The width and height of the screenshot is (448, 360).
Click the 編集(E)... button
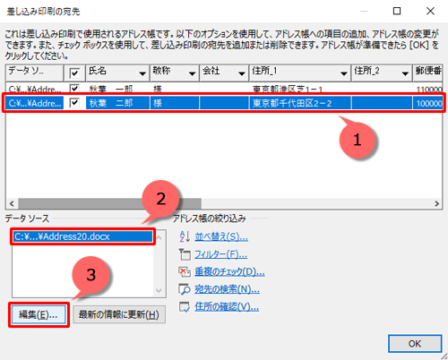(x=39, y=314)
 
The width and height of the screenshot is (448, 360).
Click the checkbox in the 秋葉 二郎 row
(x=74, y=104)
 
